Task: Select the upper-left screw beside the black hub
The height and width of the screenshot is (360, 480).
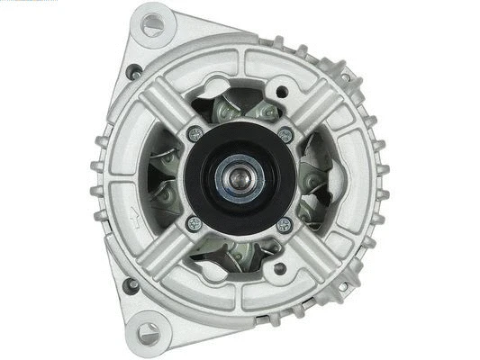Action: point(194,134)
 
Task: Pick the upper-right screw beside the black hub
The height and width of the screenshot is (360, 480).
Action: point(285,135)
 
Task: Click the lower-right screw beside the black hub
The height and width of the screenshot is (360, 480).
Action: point(284,224)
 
